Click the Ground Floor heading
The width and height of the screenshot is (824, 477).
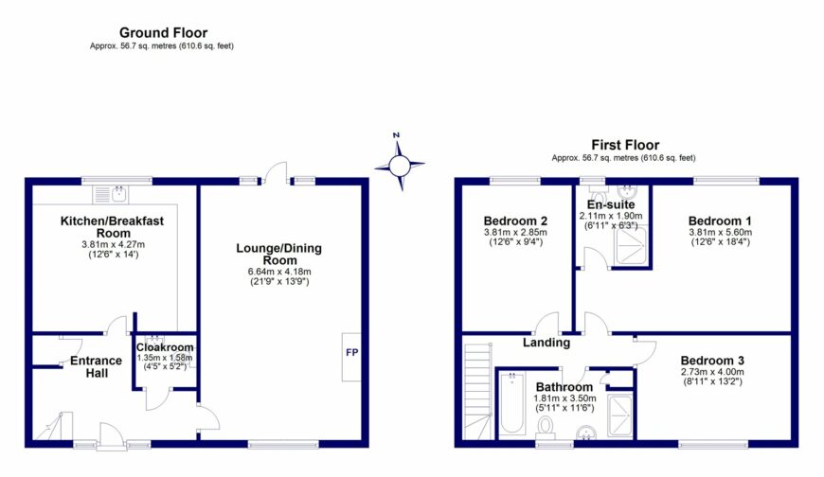(163, 32)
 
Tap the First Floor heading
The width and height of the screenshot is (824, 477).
(625, 145)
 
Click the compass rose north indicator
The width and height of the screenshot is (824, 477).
(396, 135)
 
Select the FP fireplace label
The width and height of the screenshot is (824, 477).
(351, 352)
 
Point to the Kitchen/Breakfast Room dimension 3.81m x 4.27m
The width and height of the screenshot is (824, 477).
(113, 244)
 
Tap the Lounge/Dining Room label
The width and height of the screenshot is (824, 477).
(278, 255)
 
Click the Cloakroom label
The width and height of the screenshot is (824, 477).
(165, 347)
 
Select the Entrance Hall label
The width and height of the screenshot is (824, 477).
(97, 366)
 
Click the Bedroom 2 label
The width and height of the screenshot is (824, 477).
(515, 221)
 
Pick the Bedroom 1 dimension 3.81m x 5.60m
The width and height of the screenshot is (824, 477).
(720, 232)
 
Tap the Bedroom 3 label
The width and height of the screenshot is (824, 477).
(712, 361)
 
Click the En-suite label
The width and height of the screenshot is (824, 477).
(611, 204)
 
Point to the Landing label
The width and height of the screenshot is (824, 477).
(546, 343)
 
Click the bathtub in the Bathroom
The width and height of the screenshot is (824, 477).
(511, 403)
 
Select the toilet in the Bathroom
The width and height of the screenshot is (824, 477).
(546, 427)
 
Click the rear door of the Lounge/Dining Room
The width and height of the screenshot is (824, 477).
(276, 173)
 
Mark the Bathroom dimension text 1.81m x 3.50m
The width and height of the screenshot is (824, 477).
(564, 398)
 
